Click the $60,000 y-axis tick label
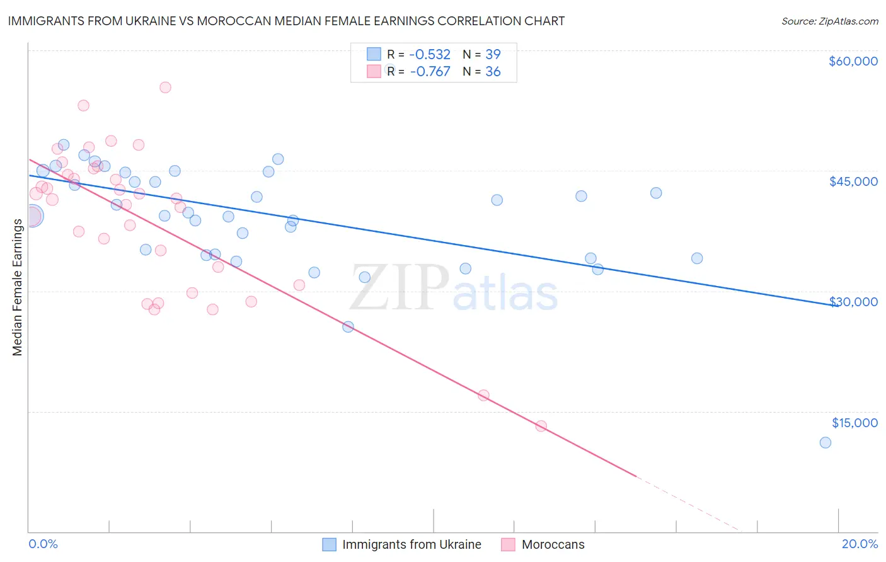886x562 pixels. pos(853,61)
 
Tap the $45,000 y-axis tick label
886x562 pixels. pos(853,181)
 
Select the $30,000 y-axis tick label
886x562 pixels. pos(853,302)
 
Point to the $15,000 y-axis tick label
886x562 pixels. pos(854,423)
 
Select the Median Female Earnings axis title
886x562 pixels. pos(18,287)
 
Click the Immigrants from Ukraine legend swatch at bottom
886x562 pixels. pos(329,544)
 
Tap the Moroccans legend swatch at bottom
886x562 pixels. pos(509,544)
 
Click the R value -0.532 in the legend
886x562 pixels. pos(430,55)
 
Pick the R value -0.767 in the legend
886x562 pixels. pos(430,72)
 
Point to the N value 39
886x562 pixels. pos(493,55)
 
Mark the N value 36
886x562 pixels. pos(493,72)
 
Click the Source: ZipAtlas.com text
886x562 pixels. pos(829,21)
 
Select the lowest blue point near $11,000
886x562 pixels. pos(825,442)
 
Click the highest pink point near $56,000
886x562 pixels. pos(165,88)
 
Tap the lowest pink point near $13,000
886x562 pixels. pos(541,426)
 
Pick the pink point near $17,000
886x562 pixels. pos(483,396)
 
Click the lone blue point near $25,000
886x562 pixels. pos(348,327)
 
